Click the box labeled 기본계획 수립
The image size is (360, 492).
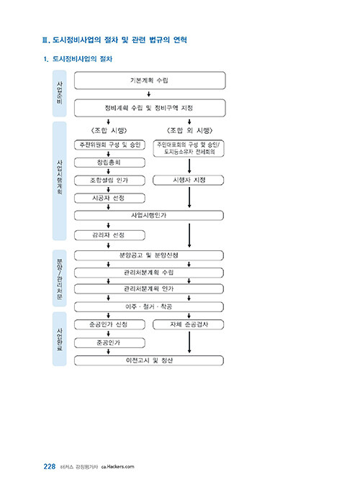[x=150, y=81]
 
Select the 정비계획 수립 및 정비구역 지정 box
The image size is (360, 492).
[x=150, y=108]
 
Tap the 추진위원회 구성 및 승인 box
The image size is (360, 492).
[x=109, y=145]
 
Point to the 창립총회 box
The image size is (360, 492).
[x=109, y=163]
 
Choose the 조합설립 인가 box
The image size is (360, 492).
[x=109, y=181]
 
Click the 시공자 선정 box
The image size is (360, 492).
[x=109, y=199]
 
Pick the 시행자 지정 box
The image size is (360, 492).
[x=189, y=180]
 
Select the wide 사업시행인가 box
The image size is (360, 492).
[x=149, y=216]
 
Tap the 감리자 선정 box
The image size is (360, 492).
[x=109, y=235]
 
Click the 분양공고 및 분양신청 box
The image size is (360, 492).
[x=149, y=255]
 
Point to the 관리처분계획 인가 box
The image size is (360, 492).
[x=149, y=288]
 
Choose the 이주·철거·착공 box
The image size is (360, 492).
[x=149, y=306]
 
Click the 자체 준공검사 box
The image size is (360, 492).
[x=189, y=324]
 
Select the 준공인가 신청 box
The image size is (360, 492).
[x=109, y=324]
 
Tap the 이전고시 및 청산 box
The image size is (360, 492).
[x=149, y=360]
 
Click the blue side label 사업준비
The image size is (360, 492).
[x=59, y=94]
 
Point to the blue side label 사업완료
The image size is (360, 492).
[x=59, y=340]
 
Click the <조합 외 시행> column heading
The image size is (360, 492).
[x=189, y=130]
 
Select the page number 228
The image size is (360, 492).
[x=50, y=467]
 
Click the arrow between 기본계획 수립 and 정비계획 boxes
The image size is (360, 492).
[x=149, y=94]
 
